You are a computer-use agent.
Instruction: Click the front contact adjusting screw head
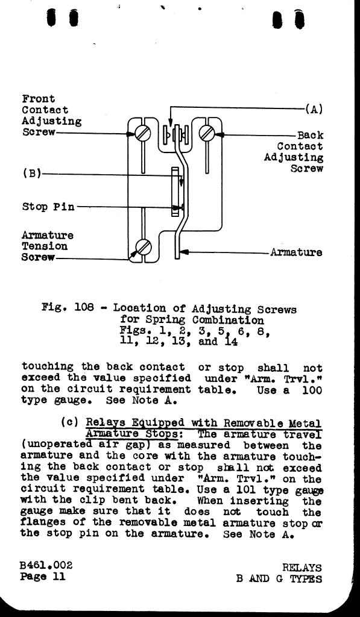click(x=142, y=133)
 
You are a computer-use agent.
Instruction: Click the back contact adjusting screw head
click(x=207, y=133)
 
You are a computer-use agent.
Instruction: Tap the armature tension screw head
click(x=144, y=247)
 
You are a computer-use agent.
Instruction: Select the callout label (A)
click(x=314, y=109)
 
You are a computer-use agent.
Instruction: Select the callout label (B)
click(x=32, y=174)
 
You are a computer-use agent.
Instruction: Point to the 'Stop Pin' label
click(x=48, y=207)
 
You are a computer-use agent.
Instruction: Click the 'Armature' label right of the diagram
click(x=296, y=252)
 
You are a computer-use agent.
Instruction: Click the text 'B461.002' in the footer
click(x=46, y=565)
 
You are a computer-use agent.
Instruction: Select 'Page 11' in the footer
click(x=43, y=577)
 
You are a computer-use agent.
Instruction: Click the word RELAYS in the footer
click(x=302, y=568)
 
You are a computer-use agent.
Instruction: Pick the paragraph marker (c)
click(x=70, y=422)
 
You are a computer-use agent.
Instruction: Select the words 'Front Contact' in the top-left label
click(x=45, y=104)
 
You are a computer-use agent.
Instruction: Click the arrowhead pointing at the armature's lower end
click(x=183, y=252)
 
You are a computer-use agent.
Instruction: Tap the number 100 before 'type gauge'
click(x=312, y=390)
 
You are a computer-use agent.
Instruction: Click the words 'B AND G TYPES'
click(x=279, y=579)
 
